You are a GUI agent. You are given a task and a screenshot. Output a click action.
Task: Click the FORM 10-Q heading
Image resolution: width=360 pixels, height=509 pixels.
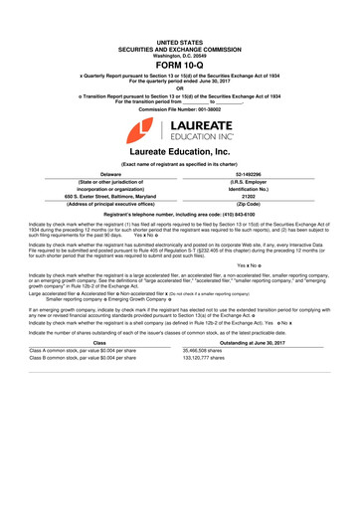pyautogui.click(x=180, y=68)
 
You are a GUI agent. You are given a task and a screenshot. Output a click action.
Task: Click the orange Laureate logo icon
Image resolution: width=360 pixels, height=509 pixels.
pyautogui.click(x=146, y=127)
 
